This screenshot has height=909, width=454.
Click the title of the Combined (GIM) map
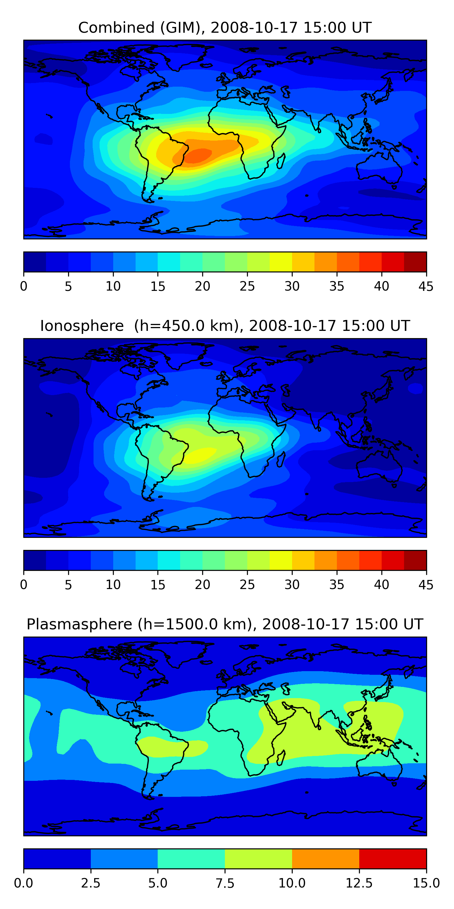225,28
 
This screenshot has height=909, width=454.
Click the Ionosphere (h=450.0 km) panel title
225,326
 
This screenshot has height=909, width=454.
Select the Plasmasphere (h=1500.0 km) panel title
225,624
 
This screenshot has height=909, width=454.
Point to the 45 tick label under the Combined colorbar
426,286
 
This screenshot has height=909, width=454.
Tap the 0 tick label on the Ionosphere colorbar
24,585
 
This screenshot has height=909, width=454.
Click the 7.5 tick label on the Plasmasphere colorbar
225,883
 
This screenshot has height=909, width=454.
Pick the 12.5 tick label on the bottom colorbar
359,883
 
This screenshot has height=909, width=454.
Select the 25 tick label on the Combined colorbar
247,286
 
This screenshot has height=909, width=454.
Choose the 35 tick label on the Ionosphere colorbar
337,585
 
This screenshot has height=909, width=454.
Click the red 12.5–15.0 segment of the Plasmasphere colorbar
393,858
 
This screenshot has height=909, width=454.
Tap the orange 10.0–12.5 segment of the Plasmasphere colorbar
325,858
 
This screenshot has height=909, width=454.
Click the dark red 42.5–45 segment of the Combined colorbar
415,262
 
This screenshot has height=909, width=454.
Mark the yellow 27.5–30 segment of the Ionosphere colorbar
281,560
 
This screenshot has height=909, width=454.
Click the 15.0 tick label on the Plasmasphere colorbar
426,883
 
